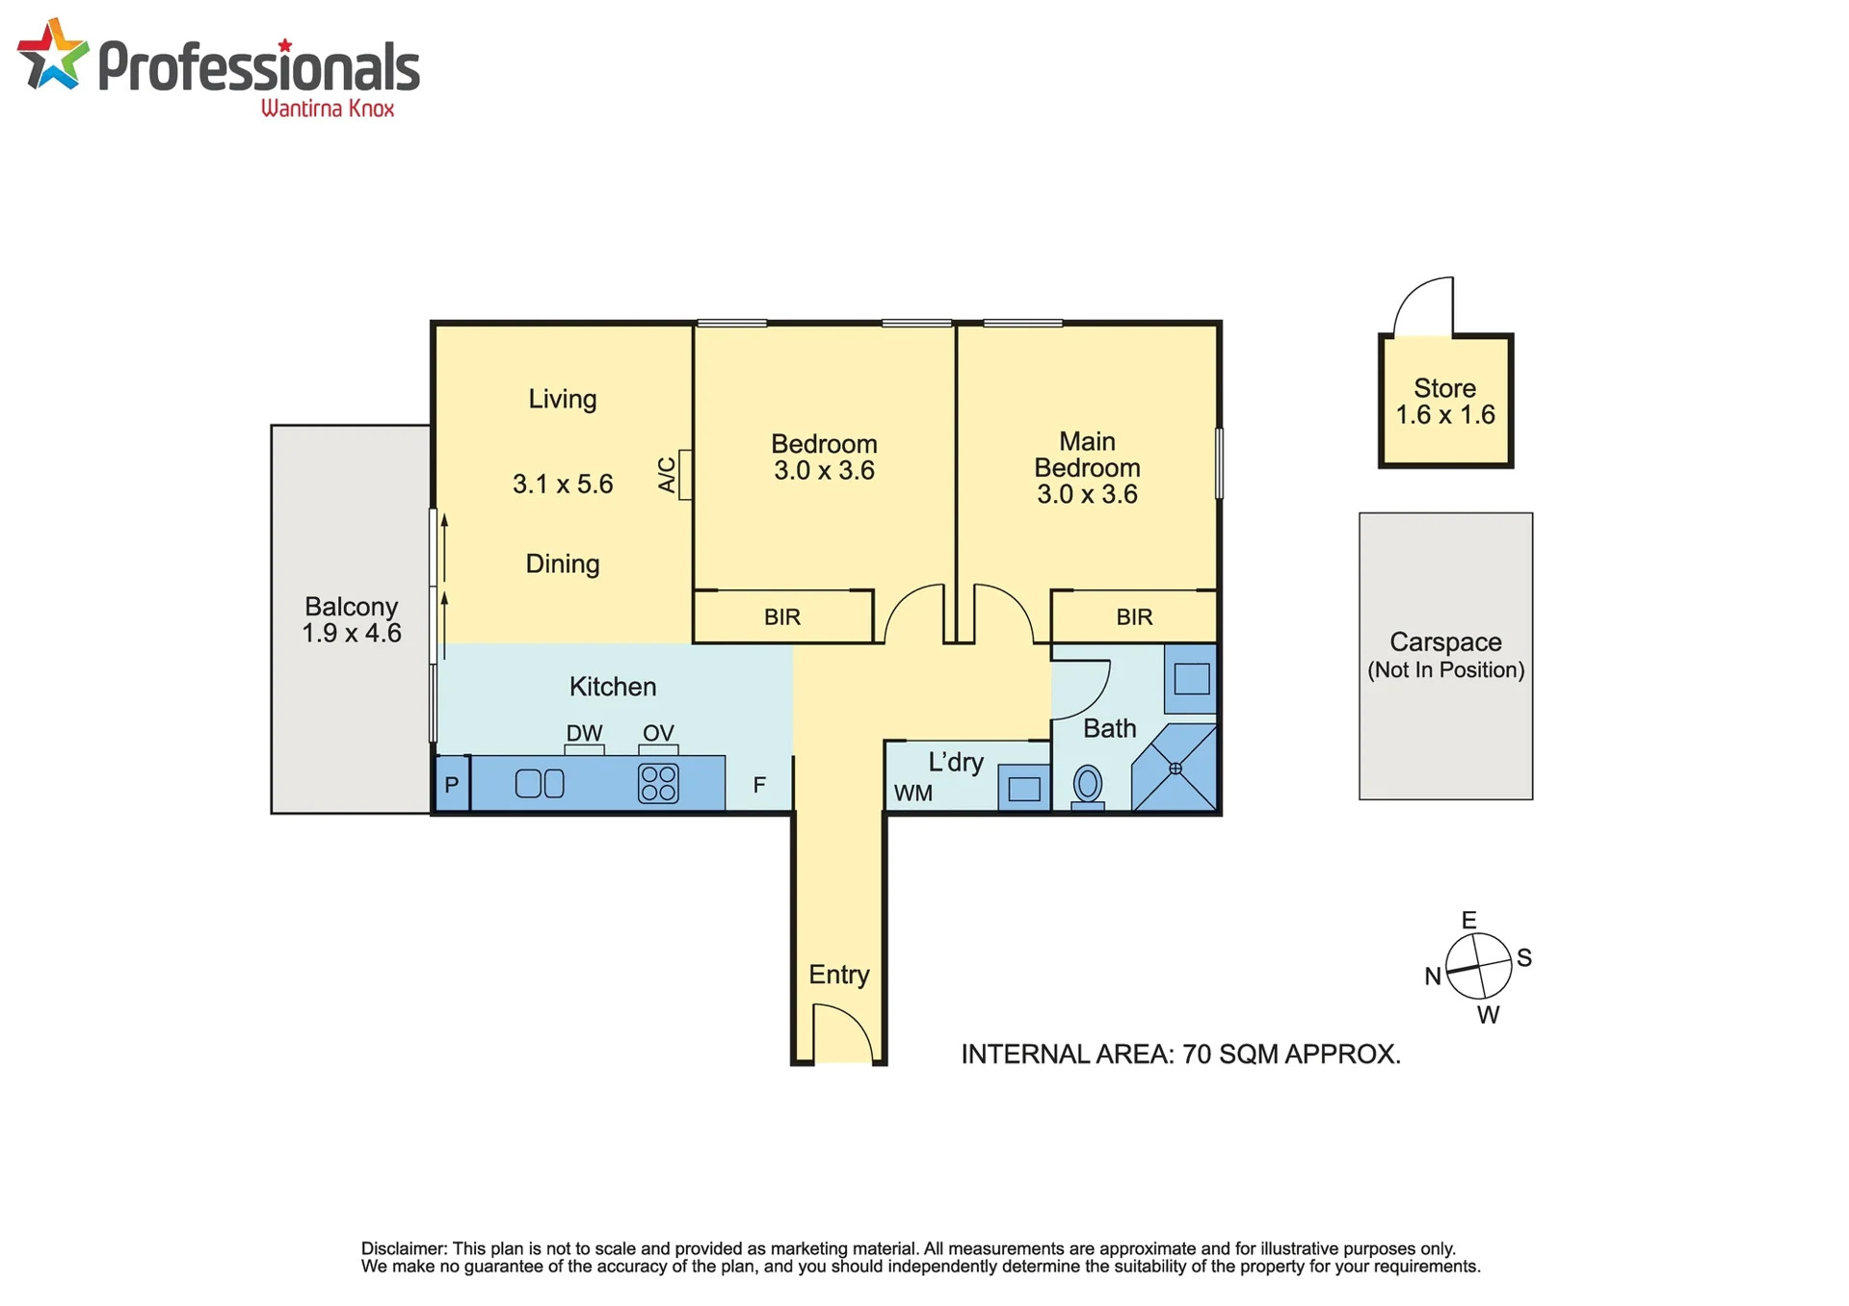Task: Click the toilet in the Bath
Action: coord(1087,787)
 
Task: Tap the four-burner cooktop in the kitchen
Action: coord(658,783)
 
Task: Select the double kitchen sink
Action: coord(540,783)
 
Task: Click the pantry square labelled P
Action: coord(452,784)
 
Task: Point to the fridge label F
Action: coord(759,785)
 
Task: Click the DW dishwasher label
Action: coord(584,733)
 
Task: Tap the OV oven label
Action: coord(658,733)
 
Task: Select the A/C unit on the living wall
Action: coord(685,475)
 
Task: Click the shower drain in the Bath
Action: coord(1175,769)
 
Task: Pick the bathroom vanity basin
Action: coord(1192,679)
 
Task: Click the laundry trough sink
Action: coord(1024,789)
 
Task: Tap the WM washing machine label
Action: coord(913,793)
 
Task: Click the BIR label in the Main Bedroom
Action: coord(1134,616)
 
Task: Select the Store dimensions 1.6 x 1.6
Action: coord(1445,415)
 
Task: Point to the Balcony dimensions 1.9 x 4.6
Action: coord(352,633)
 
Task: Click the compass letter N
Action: coord(1433,976)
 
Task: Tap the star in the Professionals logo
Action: coord(53,55)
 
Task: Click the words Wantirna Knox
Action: coord(328,108)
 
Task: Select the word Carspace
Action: coord(1445,641)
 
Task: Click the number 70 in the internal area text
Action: coord(1196,1054)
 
